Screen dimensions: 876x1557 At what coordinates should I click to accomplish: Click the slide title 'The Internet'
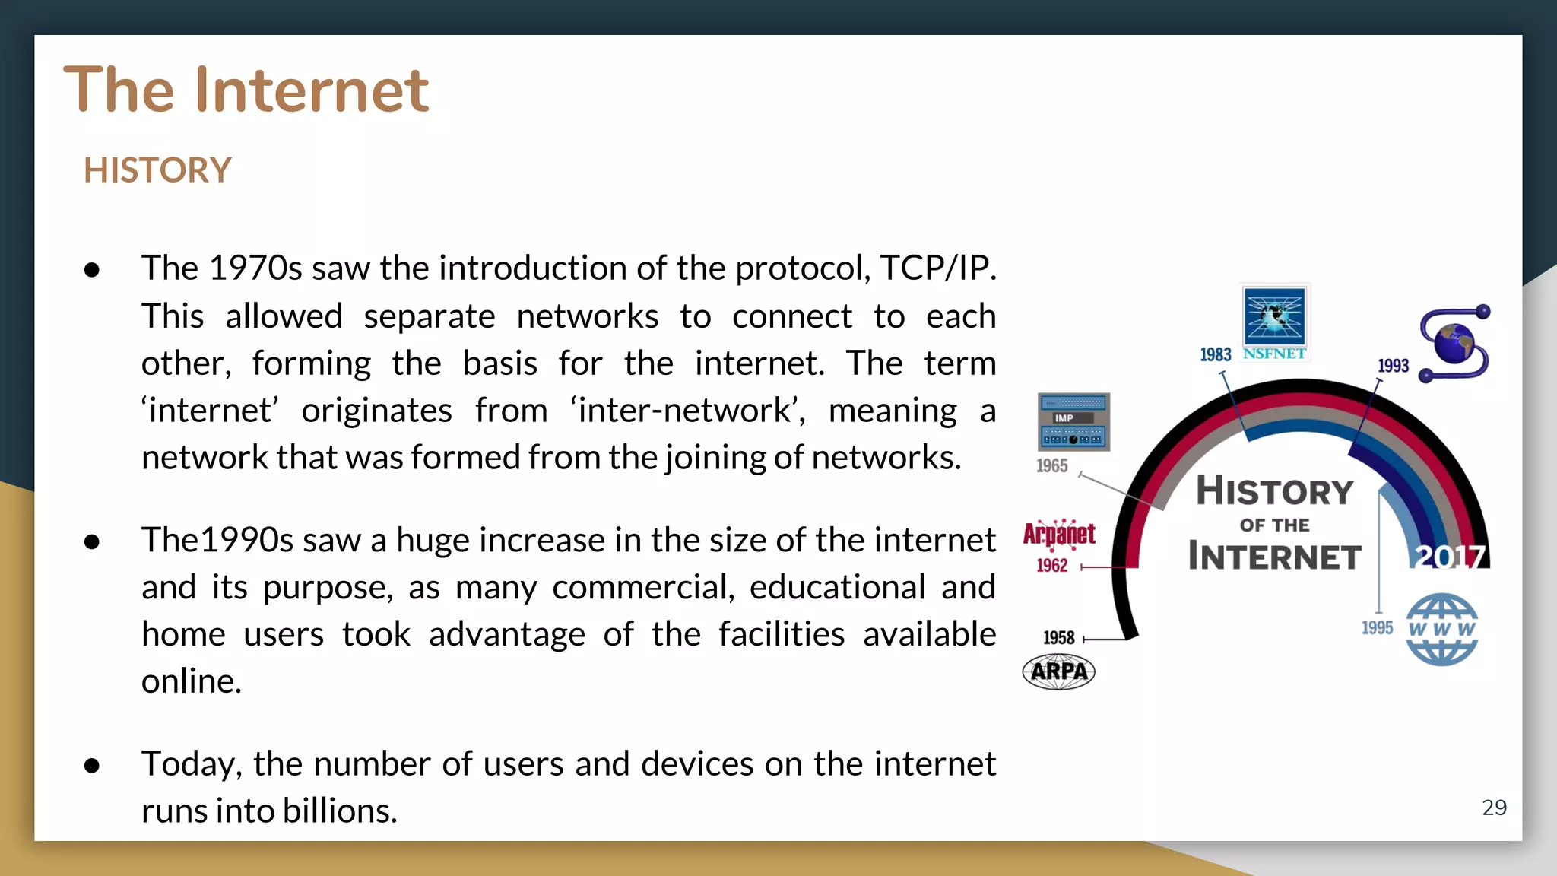(x=246, y=90)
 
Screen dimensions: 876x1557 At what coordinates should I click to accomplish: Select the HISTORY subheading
(x=157, y=170)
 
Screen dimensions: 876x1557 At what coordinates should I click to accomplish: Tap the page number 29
(x=1494, y=808)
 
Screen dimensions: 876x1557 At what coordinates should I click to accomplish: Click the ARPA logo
(x=1058, y=672)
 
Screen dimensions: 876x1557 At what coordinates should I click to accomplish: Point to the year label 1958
(x=1058, y=638)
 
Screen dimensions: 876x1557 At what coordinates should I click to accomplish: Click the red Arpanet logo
(x=1059, y=534)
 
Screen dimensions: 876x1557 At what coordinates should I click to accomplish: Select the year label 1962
(x=1051, y=566)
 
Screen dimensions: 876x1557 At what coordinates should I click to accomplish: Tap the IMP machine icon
(x=1073, y=421)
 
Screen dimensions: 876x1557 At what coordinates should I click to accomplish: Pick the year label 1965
(x=1051, y=466)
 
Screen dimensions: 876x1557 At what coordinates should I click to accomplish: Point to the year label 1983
(x=1215, y=355)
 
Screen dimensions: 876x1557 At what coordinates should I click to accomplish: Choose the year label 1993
(x=1393, y=366)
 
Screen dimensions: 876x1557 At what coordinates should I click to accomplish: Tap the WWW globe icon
(x=1441, y=630)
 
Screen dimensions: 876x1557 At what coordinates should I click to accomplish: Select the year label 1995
(x=1377, y=628)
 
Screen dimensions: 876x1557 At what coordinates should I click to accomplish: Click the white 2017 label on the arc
(x=1450, y=557)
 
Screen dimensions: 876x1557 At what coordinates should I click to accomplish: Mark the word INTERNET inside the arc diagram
(x=1274, y=557)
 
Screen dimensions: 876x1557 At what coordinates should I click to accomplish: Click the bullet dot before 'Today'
(x=92, y=765)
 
